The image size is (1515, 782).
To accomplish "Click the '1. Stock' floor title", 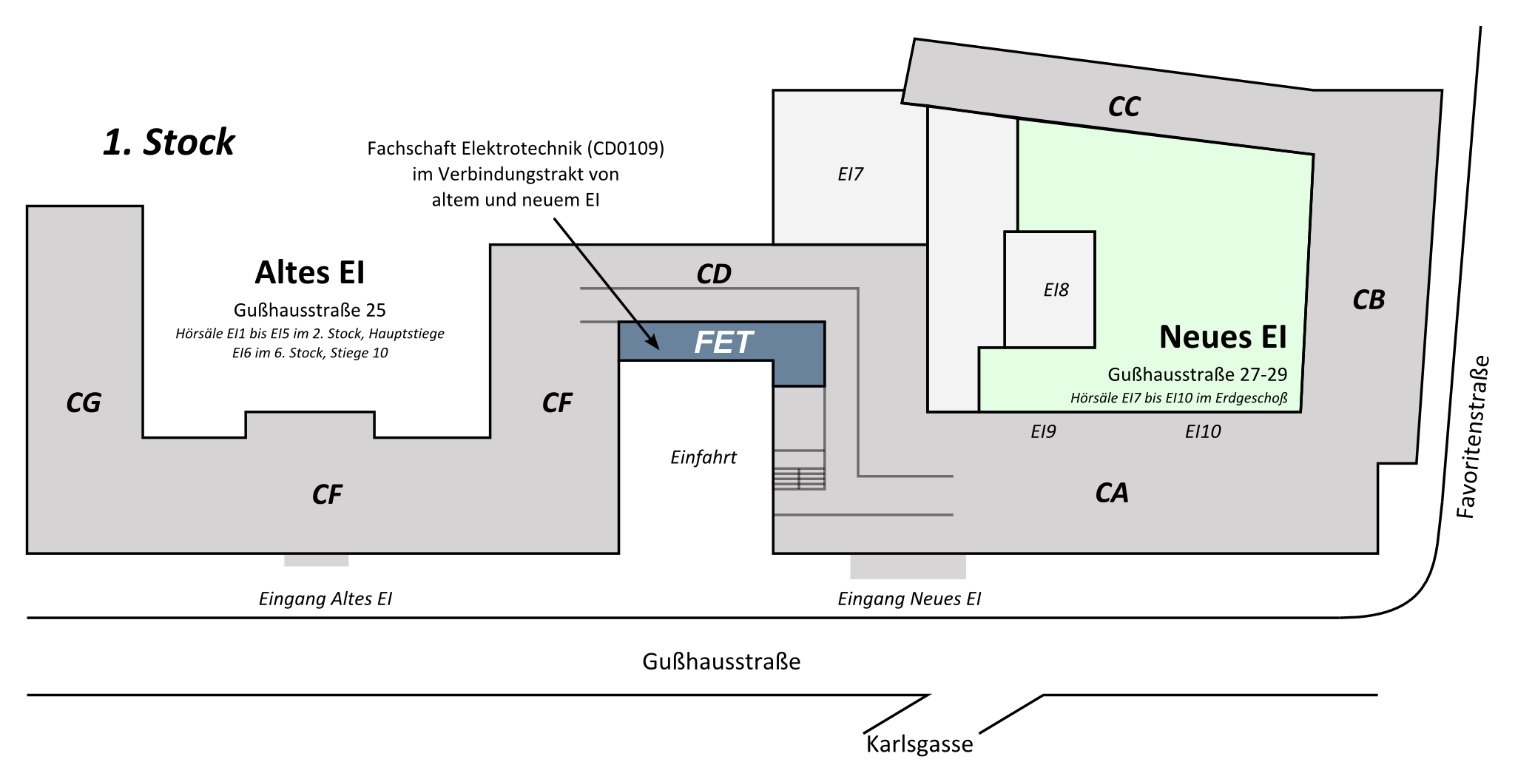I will [x=169, y=142].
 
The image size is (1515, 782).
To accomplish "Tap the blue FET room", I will [x=722, y=342].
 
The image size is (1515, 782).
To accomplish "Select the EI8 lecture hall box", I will [x=1050, y=289].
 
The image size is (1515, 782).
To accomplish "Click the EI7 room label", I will [x=850, y=174].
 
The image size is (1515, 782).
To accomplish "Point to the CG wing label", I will [x=83, y=403].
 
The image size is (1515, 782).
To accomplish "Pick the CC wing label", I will [x=1124, y=107].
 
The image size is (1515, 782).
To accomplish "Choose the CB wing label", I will [x=1368, y=300].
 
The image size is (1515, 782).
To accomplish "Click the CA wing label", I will [x=1111, y=493].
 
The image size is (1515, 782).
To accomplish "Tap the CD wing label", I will [x=713, y=274].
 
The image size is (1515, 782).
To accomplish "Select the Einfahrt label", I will [x=703, y=457].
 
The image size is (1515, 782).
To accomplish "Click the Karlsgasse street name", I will [x=920, y=744].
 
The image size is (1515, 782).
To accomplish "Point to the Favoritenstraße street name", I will [x=1472, y=438].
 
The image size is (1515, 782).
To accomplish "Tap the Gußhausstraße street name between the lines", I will [x=721, y=661].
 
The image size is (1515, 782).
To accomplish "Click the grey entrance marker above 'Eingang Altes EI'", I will [x=317, y=560].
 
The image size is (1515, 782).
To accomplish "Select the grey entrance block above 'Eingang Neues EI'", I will [x=908, y=566].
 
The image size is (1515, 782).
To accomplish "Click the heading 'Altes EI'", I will [x=310, y=273].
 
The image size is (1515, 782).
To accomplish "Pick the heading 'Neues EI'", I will [x=1223, y=337].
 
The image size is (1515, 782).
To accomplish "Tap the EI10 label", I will [x=1203, y=431].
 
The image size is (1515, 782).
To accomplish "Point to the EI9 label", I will [x=1043, y=431].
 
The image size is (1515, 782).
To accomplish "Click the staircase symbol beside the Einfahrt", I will [x=799, y=478].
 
